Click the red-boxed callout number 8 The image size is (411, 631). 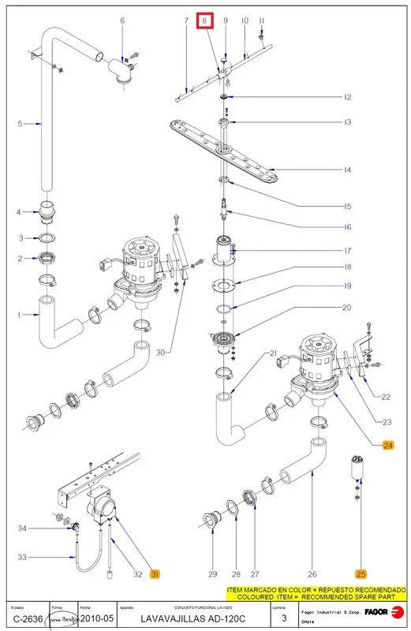click(205, 20)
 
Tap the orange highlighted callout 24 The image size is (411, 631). click(387, 446)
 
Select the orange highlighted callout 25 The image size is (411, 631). click(361, 574)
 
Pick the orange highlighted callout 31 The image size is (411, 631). click(155, 573)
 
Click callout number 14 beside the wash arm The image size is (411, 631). click(348, 170)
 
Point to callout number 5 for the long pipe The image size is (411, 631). click(20, 123)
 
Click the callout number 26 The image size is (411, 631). click(312, 574)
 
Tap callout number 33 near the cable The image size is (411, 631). click(23, 557)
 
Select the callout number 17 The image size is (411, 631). click(348, 251)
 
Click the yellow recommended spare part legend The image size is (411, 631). click(316, 593)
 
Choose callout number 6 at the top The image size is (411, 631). click(122, 20)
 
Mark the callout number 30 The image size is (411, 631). click(162, 353)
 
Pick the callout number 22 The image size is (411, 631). click(386, 397)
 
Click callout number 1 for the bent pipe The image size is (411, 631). click(18, 315)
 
